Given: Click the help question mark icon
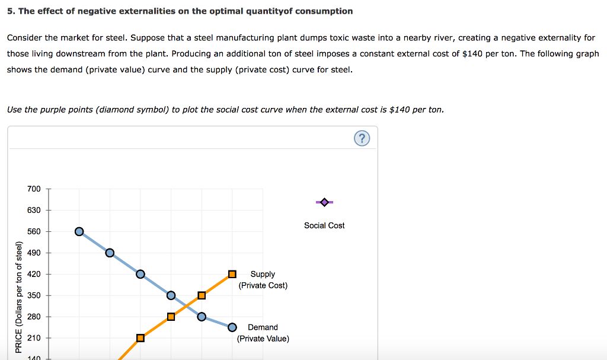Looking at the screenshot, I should (362, 139).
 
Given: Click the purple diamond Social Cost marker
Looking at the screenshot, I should (324, 202).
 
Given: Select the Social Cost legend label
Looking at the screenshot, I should (324, 225).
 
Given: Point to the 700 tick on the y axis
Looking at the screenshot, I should (34, 189).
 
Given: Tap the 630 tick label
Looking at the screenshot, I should (34, 210).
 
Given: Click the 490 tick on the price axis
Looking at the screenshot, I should (34, 253).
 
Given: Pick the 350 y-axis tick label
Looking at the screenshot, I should (34, 295).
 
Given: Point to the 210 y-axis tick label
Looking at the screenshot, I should (34, 338).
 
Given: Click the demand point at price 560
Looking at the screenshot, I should (79, 231).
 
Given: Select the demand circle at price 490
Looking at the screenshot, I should (110, 253).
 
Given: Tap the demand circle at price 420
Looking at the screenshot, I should (140, 274).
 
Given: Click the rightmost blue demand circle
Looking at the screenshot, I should (232, 327).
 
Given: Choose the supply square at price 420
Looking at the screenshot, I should (232, 274).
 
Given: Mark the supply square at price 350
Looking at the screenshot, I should (202, 295).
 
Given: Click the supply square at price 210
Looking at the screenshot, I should (140, 338).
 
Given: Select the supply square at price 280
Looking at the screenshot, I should (171, 317).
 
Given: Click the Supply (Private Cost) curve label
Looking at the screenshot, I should (263, 279).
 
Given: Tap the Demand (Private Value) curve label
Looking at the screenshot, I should (263, 333).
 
